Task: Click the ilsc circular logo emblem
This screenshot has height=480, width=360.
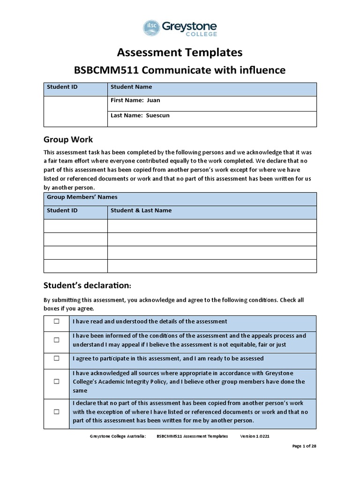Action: (x=151, y=28)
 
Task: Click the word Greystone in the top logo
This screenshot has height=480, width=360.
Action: (x=189, y=26)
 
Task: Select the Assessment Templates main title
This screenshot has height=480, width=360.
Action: (x=180, y=52)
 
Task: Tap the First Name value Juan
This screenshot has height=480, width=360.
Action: (x=153, y=100)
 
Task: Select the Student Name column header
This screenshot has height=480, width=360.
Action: (x=131, y=87)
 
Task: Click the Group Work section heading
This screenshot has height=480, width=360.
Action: (x=68, y=139)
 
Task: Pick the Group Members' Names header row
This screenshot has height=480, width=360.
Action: (x=180, y=197)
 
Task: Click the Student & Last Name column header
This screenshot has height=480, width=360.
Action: (x=141, y=210)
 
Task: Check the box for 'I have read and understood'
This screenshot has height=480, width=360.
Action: (x=56, y=322)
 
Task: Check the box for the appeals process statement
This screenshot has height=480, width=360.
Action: (x=56, y=340)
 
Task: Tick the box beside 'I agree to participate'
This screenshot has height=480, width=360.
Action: (x=56, y=358)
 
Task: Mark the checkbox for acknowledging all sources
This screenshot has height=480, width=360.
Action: (x=56, y=382)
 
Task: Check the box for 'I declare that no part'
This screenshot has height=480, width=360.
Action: (x=56, y=412)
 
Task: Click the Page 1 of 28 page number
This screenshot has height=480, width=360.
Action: (x=304, y=446)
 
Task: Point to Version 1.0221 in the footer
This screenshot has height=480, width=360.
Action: (x=255, y=436)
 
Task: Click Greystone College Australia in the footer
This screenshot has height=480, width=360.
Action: (x=118, y=436)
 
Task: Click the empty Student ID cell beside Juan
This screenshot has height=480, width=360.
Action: (x=75, y=111)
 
